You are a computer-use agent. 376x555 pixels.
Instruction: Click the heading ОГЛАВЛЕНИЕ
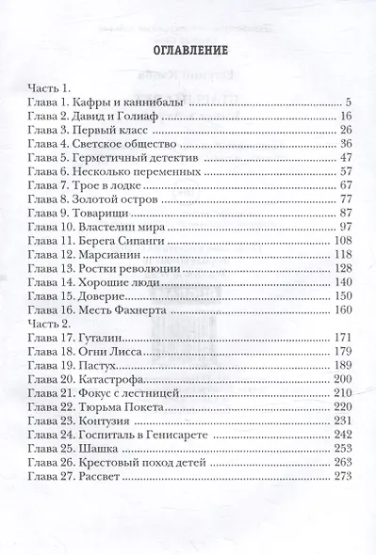click(x=188, y=52)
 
